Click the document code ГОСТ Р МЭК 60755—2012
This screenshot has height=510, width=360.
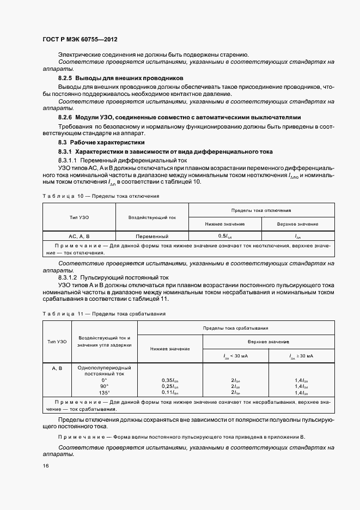(x=80, y=40)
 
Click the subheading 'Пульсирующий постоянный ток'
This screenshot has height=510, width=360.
(x=130, y=277)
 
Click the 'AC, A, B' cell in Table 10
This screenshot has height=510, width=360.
(x=79, y=236)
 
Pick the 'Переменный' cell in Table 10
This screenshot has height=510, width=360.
(x=152, y=236)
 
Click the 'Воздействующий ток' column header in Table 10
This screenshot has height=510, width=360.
(x=152, y=217)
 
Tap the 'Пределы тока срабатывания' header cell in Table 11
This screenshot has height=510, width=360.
(x=235, y=328)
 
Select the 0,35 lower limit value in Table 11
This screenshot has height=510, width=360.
(x=170, y=380)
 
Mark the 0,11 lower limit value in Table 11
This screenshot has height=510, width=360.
(x=170, y=392)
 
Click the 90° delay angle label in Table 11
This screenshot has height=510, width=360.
(x=105, y=386)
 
